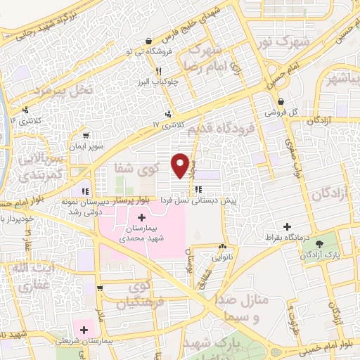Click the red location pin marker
[181, 166]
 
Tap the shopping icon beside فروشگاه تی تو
[148, 41]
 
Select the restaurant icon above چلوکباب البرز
[159, 71]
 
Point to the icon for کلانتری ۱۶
[25, 110]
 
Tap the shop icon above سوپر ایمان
[86, 136]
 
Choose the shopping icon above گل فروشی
[281, 102]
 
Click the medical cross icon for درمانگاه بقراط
[287, 226]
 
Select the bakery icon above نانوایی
[222, 247]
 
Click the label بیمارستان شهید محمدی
[144, 232]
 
